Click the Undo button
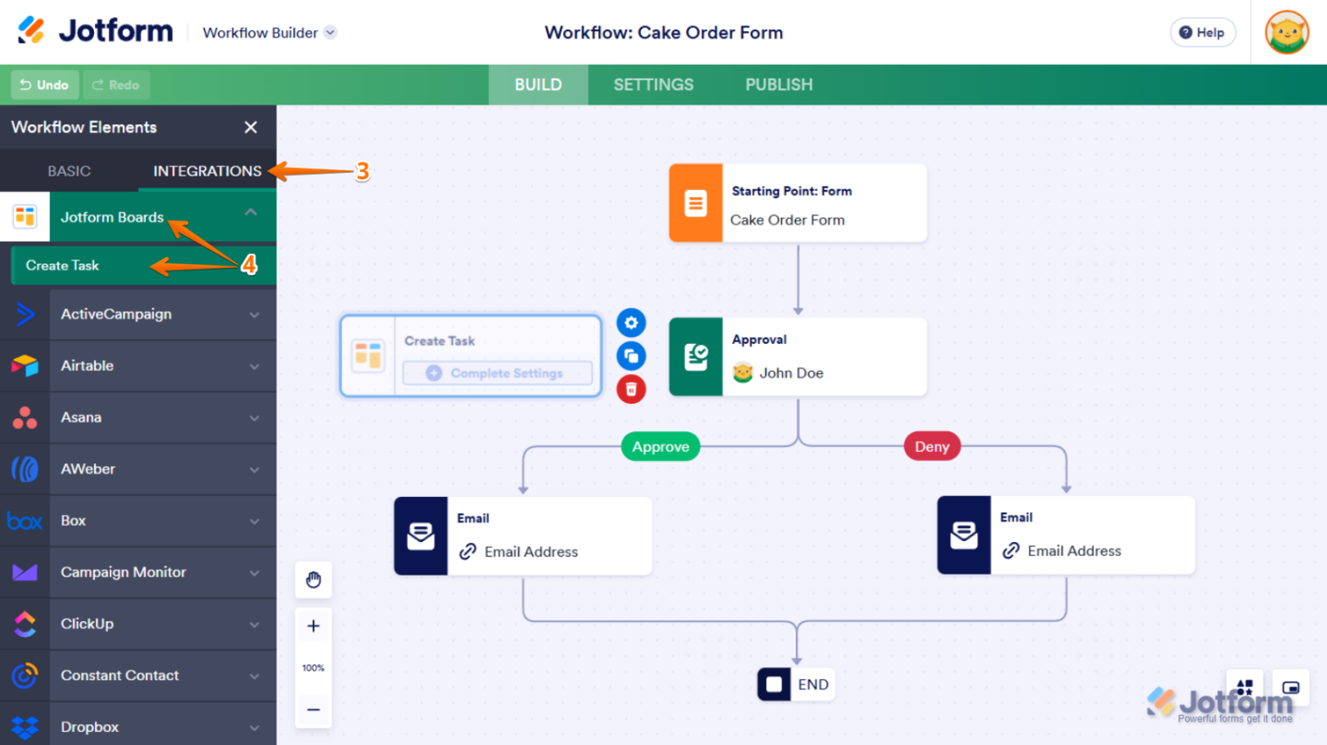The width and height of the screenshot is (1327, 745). click(x=45, y=85)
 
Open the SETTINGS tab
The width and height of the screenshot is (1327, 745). click(x=653, y=85)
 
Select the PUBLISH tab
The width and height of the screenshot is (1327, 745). click(x=778, y=85)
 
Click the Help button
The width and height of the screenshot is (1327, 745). click(x=1203, y=33)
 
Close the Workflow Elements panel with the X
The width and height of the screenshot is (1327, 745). click(x=251, y=127)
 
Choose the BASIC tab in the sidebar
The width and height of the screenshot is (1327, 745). click(x=69, y=171)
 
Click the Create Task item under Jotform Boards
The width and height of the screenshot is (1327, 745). click(x=62, y=265)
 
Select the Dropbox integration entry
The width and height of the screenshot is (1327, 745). click(x=90, y=727)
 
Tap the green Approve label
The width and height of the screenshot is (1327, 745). click(x=660, y=447)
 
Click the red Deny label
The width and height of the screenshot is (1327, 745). click(x=931, y=447)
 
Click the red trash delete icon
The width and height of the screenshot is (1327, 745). click(x=631, y=389)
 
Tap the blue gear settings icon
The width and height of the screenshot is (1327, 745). click(x=631, y=323)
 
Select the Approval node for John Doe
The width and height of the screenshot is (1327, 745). click(x=797, y=357)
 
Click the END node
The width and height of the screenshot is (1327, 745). click(x=796, y=685)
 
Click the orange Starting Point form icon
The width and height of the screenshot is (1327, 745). click(x=695, y=204)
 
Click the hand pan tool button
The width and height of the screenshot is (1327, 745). click(x=314, y=580)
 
